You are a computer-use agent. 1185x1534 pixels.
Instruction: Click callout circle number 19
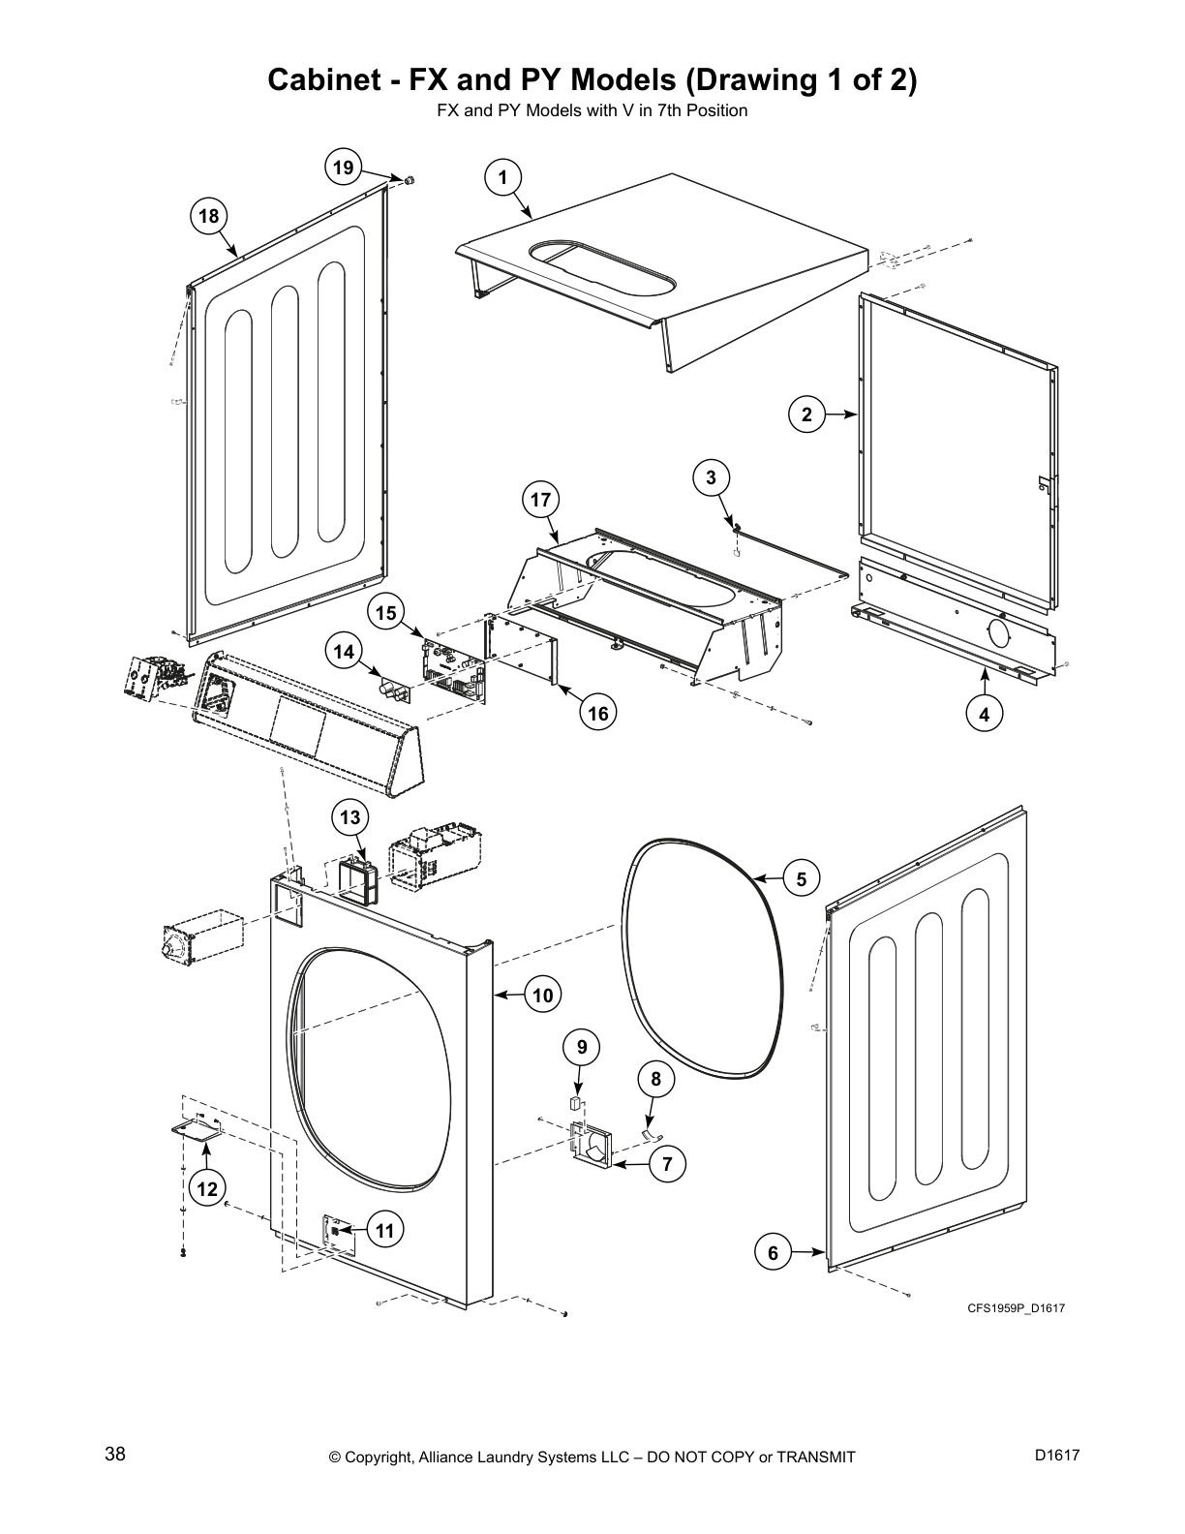343,168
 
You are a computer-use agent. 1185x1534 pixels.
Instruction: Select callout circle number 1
501,177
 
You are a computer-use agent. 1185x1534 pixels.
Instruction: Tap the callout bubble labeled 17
540,500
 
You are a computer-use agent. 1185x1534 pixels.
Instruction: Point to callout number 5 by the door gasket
802,879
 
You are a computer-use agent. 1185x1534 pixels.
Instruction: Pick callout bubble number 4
985,716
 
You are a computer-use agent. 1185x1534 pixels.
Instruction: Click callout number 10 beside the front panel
543,995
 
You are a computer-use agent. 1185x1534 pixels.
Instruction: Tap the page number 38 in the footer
114,1456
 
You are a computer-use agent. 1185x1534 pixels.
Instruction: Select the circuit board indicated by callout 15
452,668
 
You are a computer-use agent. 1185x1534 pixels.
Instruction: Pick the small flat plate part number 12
197,1130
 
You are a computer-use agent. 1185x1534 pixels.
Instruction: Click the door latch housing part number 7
592,1146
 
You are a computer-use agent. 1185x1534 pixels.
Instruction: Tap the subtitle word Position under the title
716,110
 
